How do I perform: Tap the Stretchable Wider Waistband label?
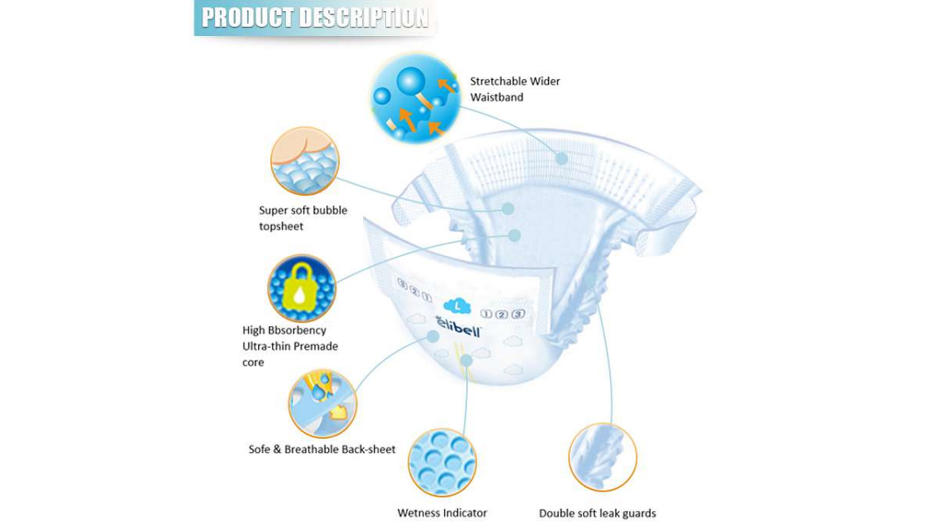(515, 89)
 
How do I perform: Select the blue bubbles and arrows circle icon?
(415, 98)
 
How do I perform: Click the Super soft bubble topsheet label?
(303, 218)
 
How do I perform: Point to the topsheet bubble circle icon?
(305, 161)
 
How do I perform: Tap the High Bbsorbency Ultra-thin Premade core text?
(290, 346)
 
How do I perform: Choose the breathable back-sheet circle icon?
(322, 403)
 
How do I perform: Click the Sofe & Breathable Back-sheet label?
(322, 449)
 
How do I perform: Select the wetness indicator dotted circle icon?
(442, 462)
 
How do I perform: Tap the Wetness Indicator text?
(442, 513)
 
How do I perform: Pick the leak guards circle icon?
(602, 457)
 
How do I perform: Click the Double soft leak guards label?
(597, 513)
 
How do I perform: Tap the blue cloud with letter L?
(457, 305)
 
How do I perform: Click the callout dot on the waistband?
(561, 158)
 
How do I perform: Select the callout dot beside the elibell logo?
(433, 336)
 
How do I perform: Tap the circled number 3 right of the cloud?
(518, 314)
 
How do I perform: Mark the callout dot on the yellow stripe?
(466, 360)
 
